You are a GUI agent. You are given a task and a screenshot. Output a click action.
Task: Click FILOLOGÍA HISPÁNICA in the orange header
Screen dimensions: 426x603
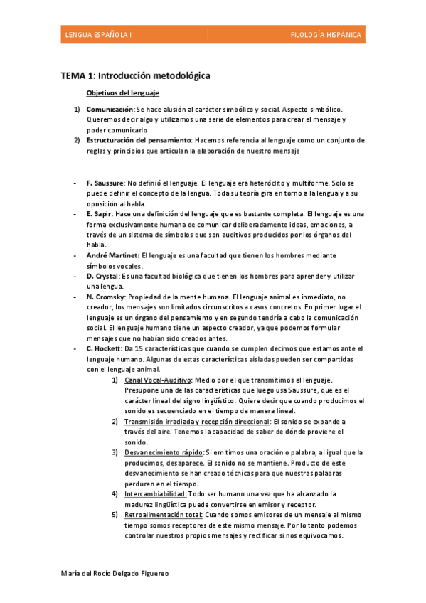tap(326, 35)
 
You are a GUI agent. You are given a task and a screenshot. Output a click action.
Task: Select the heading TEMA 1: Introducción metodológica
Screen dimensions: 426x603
tap(135, 75)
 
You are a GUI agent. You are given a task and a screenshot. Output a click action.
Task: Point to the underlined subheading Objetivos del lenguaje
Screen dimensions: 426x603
tap(122, 93)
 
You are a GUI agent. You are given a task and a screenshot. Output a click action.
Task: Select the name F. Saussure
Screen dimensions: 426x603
tap(106, 183)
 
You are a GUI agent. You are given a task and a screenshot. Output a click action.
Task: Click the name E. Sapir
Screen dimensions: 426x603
tap(100, 214)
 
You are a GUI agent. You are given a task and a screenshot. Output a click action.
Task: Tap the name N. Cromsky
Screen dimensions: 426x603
tap(106, 297)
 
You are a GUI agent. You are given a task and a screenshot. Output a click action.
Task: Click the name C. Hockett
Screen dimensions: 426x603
tap(105, 349)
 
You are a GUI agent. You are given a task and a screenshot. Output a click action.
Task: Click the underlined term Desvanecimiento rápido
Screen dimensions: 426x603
tap(164, 452)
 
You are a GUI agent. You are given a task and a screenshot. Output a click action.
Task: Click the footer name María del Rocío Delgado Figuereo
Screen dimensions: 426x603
tap(116, 573)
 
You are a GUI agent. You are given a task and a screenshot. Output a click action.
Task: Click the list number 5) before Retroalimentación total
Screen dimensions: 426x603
tap(115, 514)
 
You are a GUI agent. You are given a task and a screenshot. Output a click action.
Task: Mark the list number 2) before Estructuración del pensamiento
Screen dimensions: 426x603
tap(78, 140)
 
